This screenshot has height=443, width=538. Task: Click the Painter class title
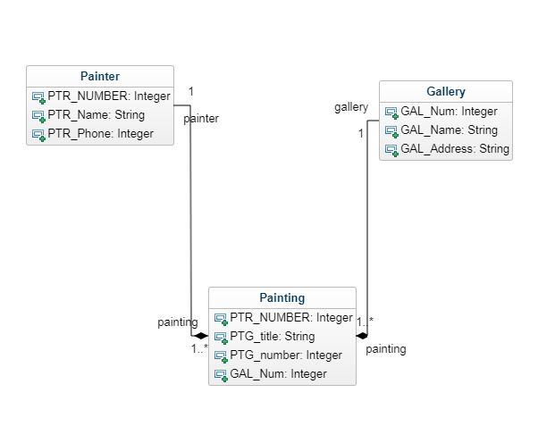(x=99, y=76)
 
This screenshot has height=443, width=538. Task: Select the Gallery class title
(x=446, y=91)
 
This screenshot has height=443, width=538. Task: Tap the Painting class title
(x=282, y=297)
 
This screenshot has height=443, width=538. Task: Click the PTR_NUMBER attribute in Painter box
(x=108, y=96)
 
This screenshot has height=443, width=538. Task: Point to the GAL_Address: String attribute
(x=455, y=149)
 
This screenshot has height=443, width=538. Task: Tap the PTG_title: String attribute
(x=273, y=336)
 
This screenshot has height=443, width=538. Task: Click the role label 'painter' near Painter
(x=201, y=118)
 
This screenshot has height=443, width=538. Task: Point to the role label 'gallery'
(x=351, y=107)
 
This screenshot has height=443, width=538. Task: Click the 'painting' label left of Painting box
(x=178, y=322)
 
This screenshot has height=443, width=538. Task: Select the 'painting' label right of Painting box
(x=386, y=349)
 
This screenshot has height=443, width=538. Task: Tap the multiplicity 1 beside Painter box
(x=191, y=91)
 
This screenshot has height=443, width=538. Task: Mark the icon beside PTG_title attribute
(x=220, y=337)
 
